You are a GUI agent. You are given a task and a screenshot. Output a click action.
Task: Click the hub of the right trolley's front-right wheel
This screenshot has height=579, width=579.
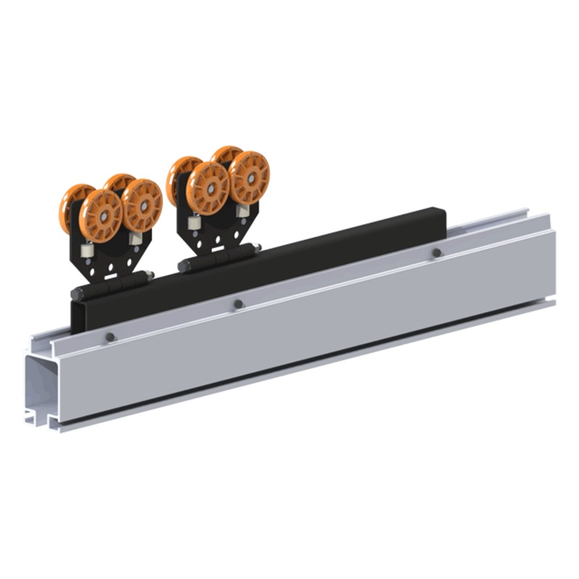point(250,177)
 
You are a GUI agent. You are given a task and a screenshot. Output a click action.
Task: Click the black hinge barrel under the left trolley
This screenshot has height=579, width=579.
point(109,285)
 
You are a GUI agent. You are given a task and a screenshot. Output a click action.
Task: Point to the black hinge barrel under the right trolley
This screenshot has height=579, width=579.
point(217,257)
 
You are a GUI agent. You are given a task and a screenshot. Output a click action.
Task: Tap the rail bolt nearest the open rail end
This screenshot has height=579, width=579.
point(110,337)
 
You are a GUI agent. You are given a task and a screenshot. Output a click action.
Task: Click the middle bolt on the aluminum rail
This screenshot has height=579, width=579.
point(238,305)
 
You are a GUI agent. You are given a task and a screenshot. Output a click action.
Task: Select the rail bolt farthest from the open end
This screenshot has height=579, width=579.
point(436,253)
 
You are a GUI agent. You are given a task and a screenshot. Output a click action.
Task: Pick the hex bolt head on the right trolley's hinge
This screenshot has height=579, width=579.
point(256,248)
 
